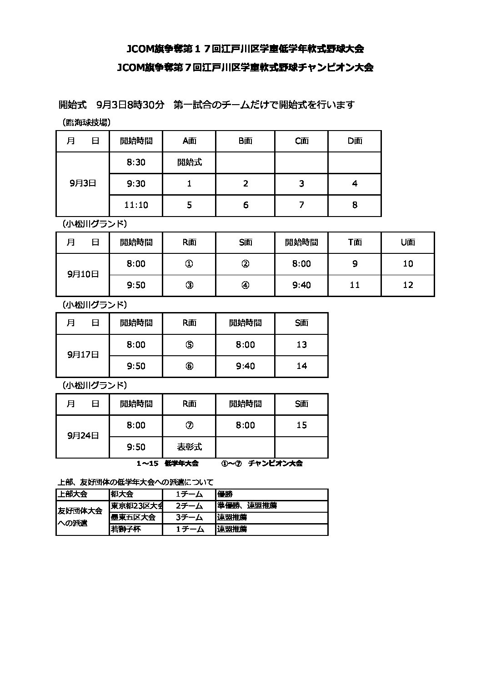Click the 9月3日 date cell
pyautogui.click(x=83, y=183)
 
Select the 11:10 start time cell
pyautogui.click(x=136, y=205)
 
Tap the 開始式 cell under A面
pyautogui.click(x=189, y=162)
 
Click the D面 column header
pyautogui.click(x=355, y=141)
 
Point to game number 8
pyautogui.click(x=355, y=205)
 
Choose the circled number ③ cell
pyautogui.click(x=189, y=285)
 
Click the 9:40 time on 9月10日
pyautogui.click(x=301, y=285)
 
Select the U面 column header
pyautogui.click(x=408, y=242)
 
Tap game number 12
pyautogui.click(x=408, y=285)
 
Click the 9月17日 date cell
pyautogui.click(x=83, y=355)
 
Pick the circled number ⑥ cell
pyautogui.click(x=189, y=366)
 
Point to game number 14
pyautogui.click(x=301, y=366)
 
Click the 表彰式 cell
pyautogui.click(x=189, y=447)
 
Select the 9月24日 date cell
pyautogui.click(x=83, y=436)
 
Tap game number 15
pyautogui.click(x=301, y=425)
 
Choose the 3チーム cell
pyautogui.click(x=189, y=517)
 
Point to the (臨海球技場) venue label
pyautogui.click(x=86, y=122)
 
